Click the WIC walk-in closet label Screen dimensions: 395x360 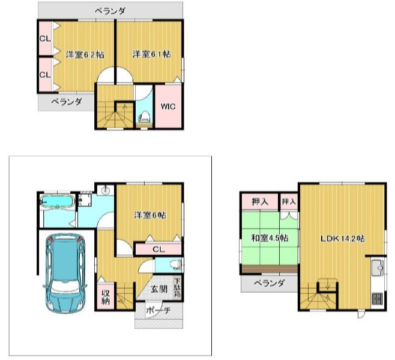pyautogui.click(x=168, y=106)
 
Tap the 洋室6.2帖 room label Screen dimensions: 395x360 pyautogui.click(x=85, y=55)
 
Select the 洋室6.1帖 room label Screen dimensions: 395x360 pyautogui.click(x=152, y=54)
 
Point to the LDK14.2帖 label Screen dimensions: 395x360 pyautogui.click(x=343, y=239)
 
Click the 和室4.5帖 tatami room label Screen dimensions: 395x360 pyautogui.click(x=270, y=238)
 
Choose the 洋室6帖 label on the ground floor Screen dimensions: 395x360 pyautogui.click(x=150, y=215)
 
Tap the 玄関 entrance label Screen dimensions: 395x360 pyautogui.click(x=159, y=289)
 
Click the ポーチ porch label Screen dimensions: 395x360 pyautogui.click(x=158, y=310)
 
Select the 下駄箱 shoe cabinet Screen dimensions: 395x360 pyautogui.click(x=177, y=288)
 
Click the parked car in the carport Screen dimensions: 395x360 pyautogui.click(x=65, y=273)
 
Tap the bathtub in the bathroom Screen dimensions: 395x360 pyautogui.click(x=58, y=201)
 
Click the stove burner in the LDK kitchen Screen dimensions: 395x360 pyautogui.click(x=377, y=299)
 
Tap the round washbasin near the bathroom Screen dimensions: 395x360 pyautogui.click(x=106, y=191)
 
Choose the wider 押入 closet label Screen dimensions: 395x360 pyautogui.click(x=260, y=201)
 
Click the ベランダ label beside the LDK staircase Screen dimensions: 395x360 pyautogui.click(x=270, y=283)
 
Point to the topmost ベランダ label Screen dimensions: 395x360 pyautogui.click(x=110, y=11)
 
